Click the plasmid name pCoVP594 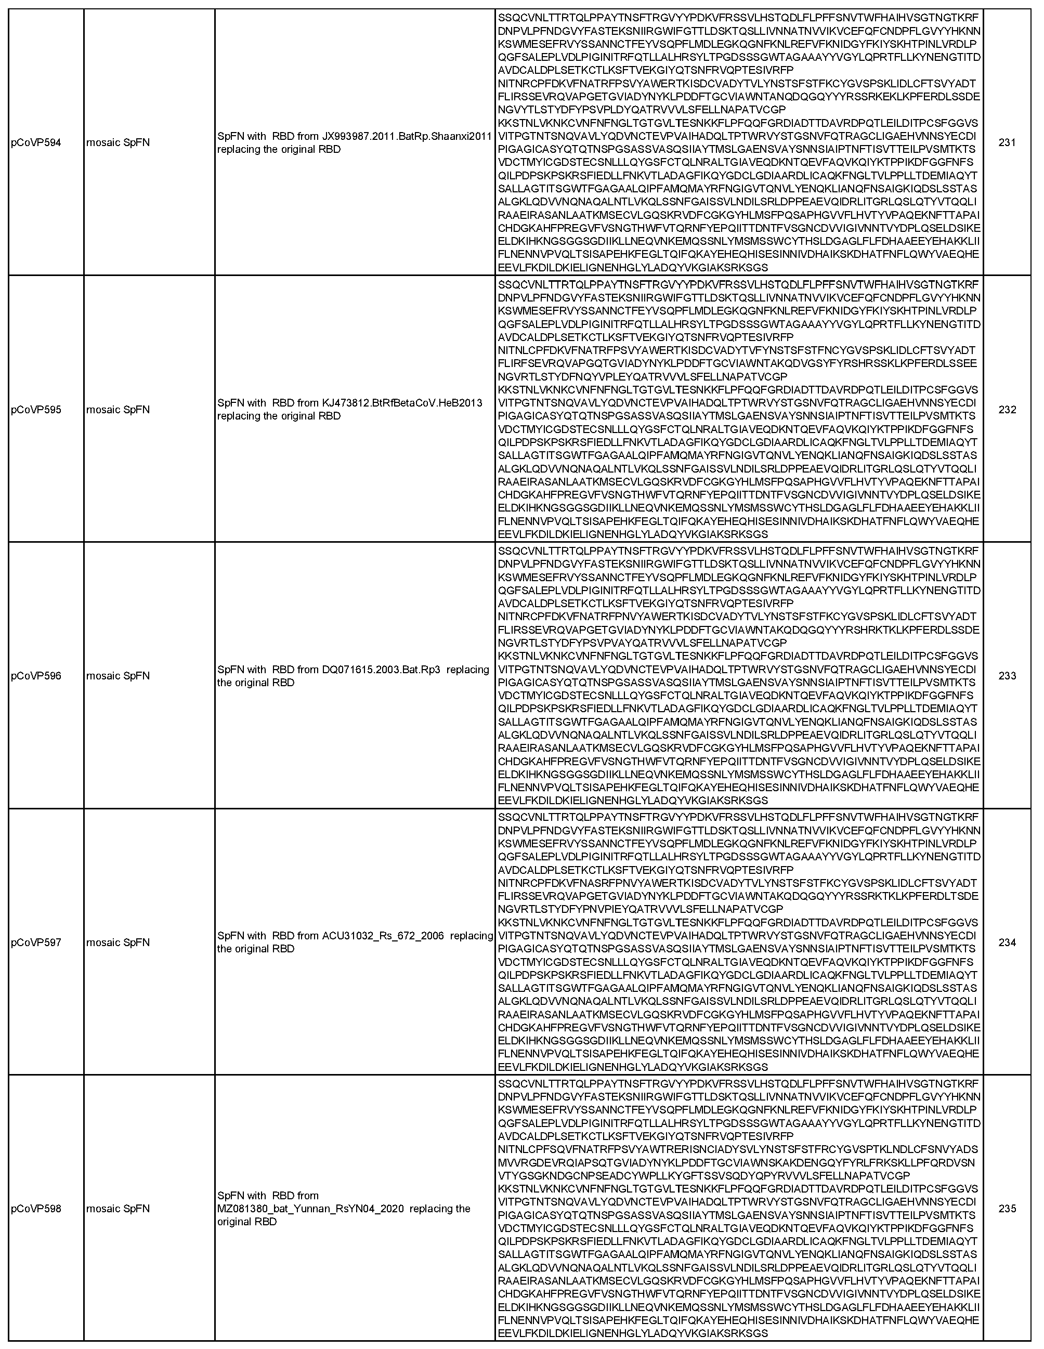point(36,142)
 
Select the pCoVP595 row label point(36,410)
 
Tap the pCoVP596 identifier point(36,676)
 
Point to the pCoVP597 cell point(36,942)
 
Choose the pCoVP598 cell point(36,1209)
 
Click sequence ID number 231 point(1007,142)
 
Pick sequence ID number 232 point(1007,410)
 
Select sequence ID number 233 point(1007,676)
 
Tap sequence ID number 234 point(1007,942)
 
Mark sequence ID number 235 point(1007,1209)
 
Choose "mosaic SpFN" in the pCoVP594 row point(118,142)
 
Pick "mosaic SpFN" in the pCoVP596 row point(118,676)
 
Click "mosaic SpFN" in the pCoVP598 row point(118,1209)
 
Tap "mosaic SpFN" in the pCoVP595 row point(118,410)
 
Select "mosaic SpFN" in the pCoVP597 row point(118,942)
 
